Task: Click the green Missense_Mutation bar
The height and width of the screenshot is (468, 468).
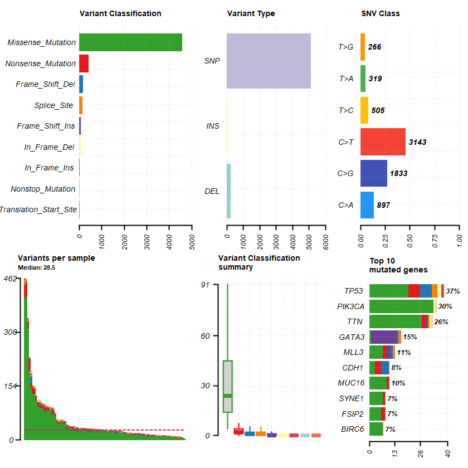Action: [130, 42]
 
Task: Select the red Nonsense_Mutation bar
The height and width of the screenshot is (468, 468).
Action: [84, 64]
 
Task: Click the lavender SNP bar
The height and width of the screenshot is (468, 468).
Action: [269, 61]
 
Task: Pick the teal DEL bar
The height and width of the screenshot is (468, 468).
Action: [229, 191]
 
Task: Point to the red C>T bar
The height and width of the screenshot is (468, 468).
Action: [383, 142]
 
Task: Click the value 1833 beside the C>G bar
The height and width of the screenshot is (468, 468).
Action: [398, 173]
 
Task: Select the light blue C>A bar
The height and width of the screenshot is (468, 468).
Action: [367, 205]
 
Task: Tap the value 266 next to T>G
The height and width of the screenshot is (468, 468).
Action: [375, 47]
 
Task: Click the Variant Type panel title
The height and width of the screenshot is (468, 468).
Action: [251, 13]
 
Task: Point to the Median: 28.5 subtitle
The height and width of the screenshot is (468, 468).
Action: [36, 267]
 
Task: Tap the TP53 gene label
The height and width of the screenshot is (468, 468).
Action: [354, 291]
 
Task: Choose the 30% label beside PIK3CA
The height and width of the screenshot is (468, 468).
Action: [445, 306]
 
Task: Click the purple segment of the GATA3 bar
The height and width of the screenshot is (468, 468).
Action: [383, 337]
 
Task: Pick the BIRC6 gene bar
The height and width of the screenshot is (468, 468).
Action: [376, 429]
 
